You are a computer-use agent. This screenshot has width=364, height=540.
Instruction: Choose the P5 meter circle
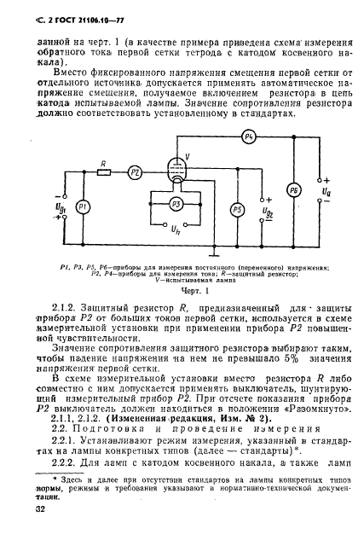pyautogui.click(x=237, y=209)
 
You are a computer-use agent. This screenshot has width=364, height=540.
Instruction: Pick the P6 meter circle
pyautogui.click(x=293, y=189)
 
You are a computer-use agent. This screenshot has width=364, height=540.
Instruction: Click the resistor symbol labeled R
pyautogui.click(x=102, y=171)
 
